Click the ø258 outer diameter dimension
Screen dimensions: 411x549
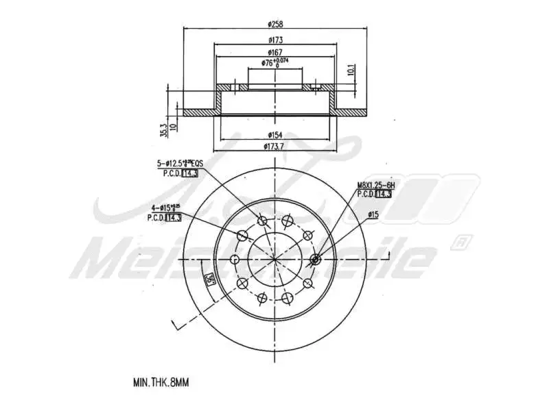click(275, 23)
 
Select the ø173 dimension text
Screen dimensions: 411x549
click(275, 40)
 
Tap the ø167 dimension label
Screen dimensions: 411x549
click(275, 52)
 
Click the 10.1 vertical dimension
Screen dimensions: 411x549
click(350, 70)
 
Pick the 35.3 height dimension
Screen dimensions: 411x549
click(163, 128)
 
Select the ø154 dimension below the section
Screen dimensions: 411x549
click(275, 135)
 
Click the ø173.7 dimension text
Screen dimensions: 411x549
click(275, 147)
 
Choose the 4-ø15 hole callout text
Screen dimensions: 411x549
click(165, 208)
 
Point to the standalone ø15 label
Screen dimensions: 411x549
click(373, 214)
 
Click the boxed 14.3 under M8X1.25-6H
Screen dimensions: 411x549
click(384, 195)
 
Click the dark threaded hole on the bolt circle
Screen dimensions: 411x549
click(316, 259)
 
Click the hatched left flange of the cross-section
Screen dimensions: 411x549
click(200, 111)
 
